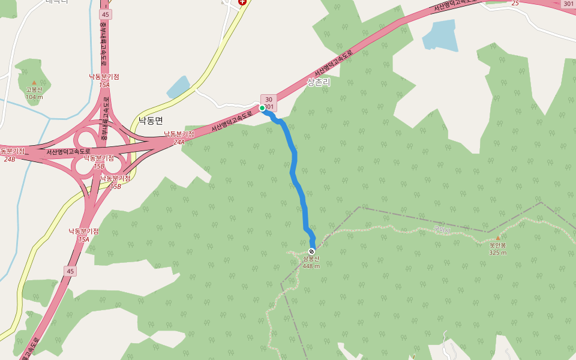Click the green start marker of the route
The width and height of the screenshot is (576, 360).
point(262,108)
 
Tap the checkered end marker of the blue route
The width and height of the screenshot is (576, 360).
point(311,251)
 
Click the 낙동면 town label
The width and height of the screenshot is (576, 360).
point(151,120)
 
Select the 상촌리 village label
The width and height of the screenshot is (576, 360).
point(319,82)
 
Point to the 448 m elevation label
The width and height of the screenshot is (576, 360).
point(311,266)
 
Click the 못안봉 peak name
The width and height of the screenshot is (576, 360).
point(497,245)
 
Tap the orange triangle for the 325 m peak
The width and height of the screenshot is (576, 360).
point(497,238)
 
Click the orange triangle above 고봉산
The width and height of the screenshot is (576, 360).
point(34,82)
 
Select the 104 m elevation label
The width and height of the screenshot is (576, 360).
point(34,97)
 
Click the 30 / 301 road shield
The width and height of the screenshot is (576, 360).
point(269,103)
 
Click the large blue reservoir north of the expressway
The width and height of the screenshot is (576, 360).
point(440,35)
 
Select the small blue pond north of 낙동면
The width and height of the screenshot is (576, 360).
point(178,87)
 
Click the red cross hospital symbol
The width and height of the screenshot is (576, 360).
point(242,2)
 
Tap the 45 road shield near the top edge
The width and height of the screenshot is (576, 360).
point(106,14)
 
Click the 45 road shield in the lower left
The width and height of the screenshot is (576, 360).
point(71,271)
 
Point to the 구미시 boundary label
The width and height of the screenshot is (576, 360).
point(442,229)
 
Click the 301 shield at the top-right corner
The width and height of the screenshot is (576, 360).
point(568,4)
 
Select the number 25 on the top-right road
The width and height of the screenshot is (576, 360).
point(515,3)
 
